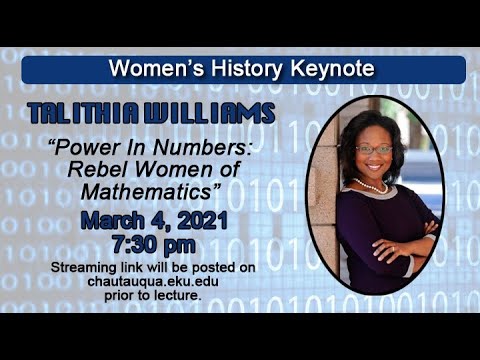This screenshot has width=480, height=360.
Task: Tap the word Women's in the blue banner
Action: pos(152,69)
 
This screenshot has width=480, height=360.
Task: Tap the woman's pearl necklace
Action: pos(373,187)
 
